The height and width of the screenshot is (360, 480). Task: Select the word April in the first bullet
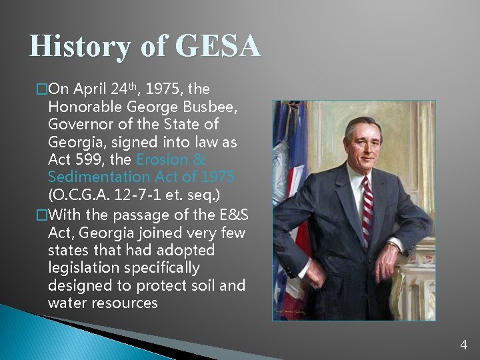(89, 89)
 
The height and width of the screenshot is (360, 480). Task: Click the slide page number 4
(464, 345)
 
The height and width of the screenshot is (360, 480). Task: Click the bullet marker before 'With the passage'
(42, 214)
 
